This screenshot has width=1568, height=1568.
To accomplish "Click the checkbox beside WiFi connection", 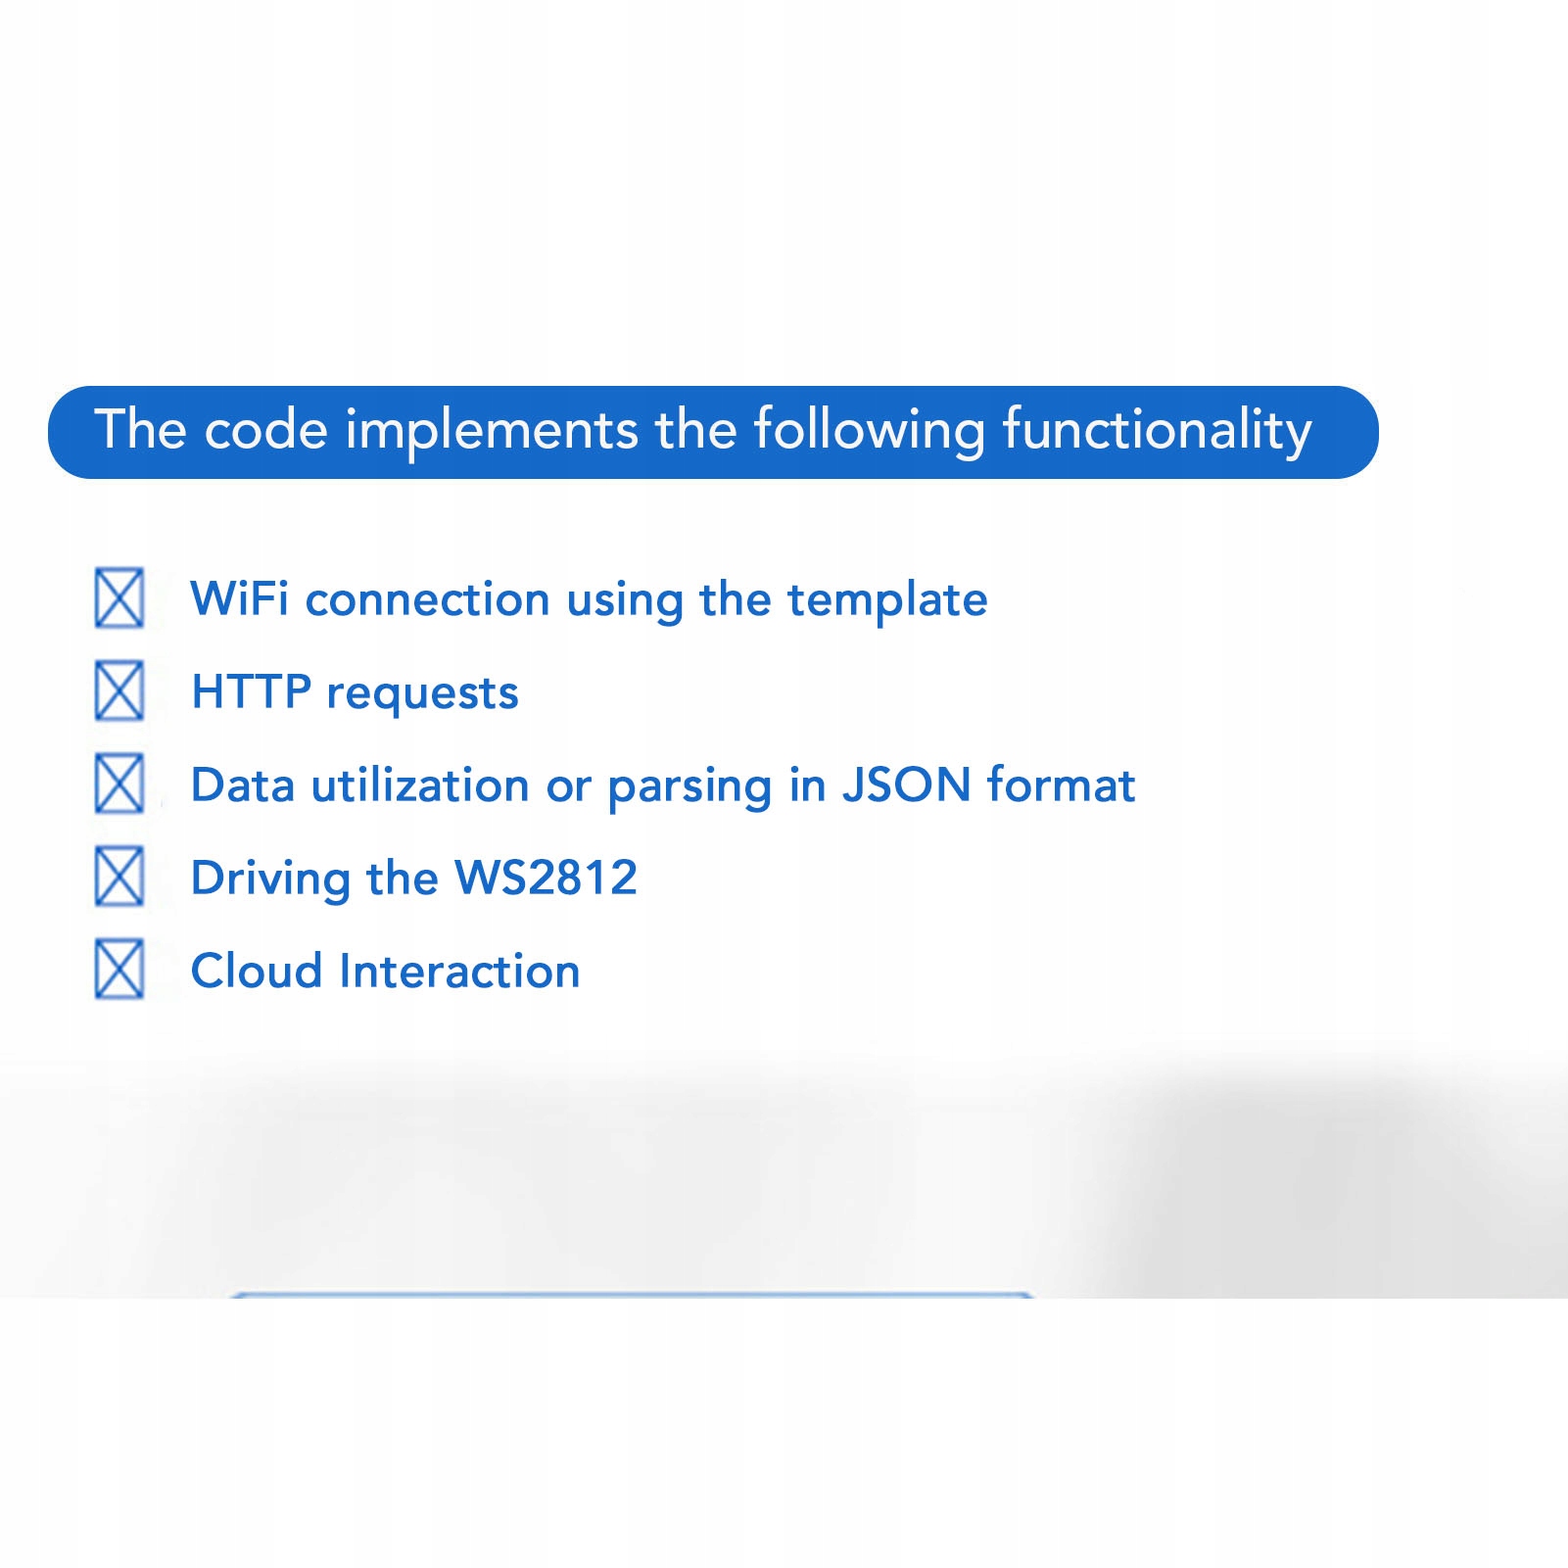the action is pyautogui.click(x=119, y=597).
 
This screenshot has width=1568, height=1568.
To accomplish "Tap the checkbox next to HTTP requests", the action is pyautogui.click(x=119, y=690).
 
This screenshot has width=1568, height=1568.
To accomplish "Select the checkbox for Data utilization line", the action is pyautogui.click(x=119, y=784).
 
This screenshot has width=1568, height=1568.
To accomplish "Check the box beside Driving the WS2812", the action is pyautogui.click(x=119, y=877).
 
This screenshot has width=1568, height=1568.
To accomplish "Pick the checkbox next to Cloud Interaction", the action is pyautogui.click(x=119, y=970).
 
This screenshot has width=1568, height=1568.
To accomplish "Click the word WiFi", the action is pyautogui.click(x=240, y=598).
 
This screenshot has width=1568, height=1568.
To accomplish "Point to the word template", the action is pyautogui.click(x=887, y=601).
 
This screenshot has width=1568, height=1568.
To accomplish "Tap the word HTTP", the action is pyautogui.click(x=252, y=691).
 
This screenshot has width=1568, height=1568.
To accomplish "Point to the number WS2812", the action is pyautogui.click(x=546, y=878).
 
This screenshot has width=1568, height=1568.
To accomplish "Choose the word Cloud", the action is pyautogui.click(x=257, y=971).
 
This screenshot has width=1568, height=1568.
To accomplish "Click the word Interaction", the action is pyautogui.click(x=460, y=971).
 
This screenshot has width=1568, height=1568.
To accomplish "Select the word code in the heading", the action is pyautogui.click(x=265, y=430).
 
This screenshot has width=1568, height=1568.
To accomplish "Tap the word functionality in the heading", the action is pyautogui.click(x=1157, y=432).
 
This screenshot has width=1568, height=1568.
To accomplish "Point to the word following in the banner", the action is pyautogui.click(x=870, y=432).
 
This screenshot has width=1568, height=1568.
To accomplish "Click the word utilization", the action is pyautogui.click(x=420, y=784).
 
